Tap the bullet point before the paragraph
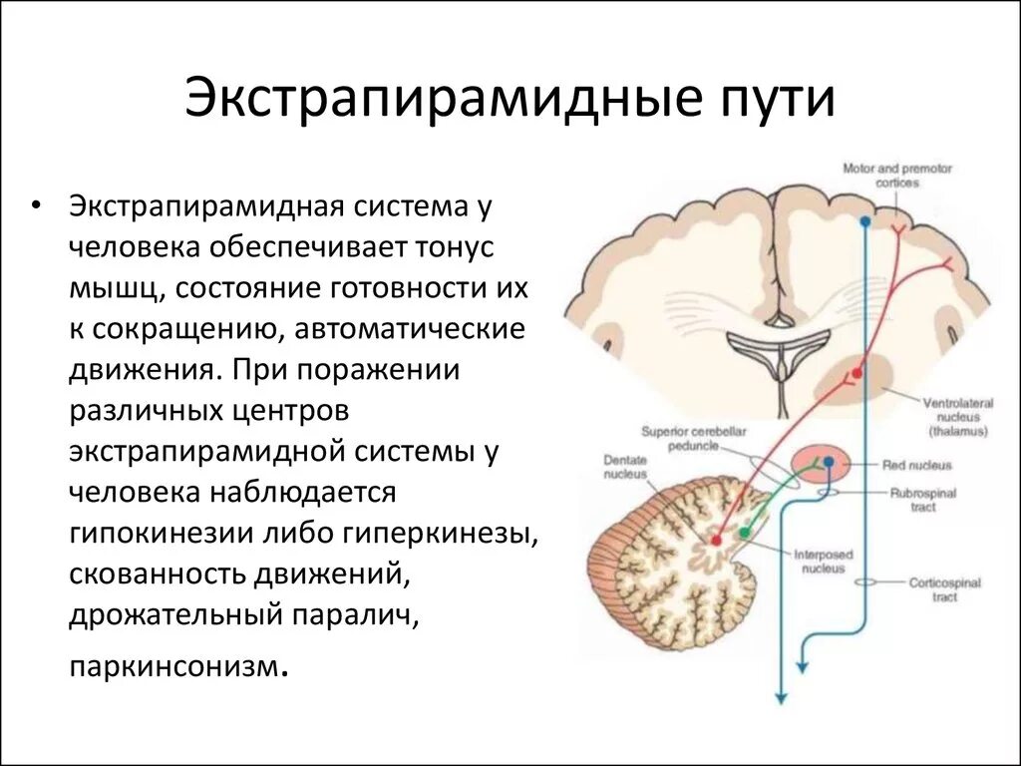tap(37, 207)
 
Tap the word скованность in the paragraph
tap(160, 574)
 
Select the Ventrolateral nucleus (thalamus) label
tap(953, 417)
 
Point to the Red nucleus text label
tap(916, 465)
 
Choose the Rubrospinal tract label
tap(922, 500)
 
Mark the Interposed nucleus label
tap(819, 561)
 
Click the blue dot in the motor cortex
tap(864, 221)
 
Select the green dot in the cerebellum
tap(743, 533)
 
